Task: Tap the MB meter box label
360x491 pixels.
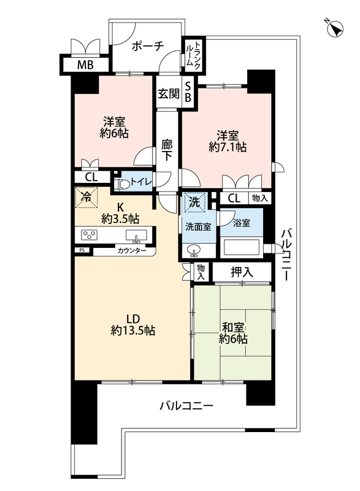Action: click(x=85, y=65)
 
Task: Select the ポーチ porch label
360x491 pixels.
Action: click(x=148, y=47)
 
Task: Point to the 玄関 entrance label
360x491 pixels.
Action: click(x=169, y=94)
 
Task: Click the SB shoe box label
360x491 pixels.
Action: click(x=188, y=92)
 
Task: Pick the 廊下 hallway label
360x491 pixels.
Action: click(x=167, y=150)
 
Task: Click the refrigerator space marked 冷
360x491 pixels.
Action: click(x=86, y=197)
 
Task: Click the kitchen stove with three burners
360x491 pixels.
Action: click(x=89, y=235)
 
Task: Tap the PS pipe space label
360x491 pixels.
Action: click(x=82, y=250)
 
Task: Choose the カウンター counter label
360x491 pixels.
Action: click(x=132, y=250)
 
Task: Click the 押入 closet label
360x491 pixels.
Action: click(x=242, y=272)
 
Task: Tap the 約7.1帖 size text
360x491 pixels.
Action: click(x=228, y=147)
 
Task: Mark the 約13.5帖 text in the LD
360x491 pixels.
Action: click(x=133, y=330)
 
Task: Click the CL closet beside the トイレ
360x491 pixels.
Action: click(x=91, y=177)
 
